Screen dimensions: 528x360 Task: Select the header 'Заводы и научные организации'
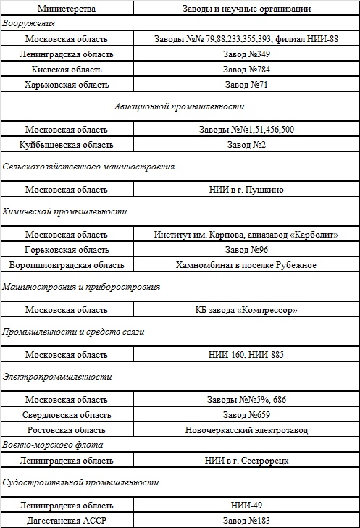246,9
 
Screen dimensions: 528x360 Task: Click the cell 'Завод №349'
246,54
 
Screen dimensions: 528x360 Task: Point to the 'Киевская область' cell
67,70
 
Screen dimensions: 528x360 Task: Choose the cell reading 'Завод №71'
246,85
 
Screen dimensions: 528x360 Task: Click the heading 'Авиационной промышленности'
178,106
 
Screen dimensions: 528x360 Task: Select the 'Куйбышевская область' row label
67,145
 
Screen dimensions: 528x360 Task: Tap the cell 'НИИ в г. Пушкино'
246,190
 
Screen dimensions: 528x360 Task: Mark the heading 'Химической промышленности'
64,211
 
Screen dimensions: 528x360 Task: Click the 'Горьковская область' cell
67,250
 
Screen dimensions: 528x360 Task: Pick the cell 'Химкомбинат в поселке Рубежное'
246,265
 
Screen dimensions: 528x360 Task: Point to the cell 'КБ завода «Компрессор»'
246,310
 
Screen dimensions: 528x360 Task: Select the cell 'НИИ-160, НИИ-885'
246,355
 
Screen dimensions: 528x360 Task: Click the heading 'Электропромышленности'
57,377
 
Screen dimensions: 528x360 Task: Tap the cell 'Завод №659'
246,415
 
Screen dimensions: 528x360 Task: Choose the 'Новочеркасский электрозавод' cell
246,430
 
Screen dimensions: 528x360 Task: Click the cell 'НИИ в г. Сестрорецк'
246,460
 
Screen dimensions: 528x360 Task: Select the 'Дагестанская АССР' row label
67,520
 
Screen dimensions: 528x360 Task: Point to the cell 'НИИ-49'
246,505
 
